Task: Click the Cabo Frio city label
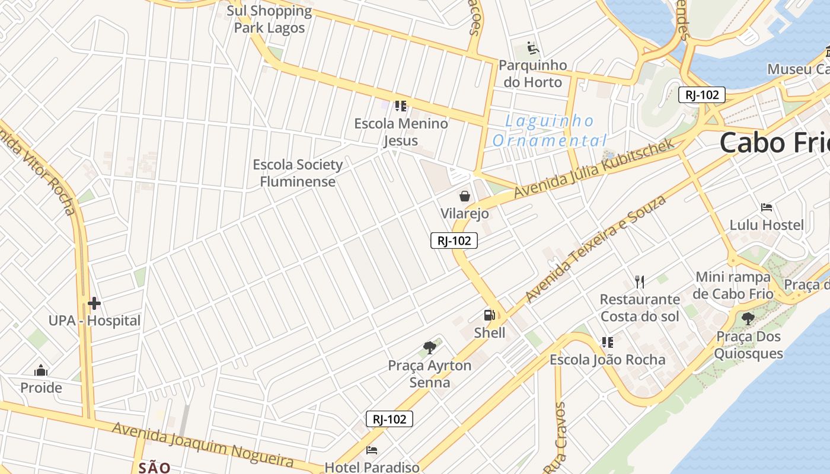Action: (774, 143)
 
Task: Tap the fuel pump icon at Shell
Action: (489, 315)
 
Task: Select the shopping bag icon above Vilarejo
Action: (465, 196)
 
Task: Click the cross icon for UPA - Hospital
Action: (94, 304)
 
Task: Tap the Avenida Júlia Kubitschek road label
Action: (594, 169)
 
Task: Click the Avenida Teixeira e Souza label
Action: (595, 249)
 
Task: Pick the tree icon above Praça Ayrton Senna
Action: (430, 348)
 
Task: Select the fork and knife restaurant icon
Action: (639, 281)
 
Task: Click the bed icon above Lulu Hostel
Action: (767, 207)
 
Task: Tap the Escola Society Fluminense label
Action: (298, 173)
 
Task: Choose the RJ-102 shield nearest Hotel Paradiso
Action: (389, 419)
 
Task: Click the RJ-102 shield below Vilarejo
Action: (454, 240)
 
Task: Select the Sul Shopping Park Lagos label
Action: (269, 19)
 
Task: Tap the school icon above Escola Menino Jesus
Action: (400, 106)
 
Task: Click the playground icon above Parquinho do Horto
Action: (532, 47)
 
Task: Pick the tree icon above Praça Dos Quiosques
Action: (748, 319)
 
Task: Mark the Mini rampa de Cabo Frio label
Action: (734, 285)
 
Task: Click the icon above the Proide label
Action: (41, 370)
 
